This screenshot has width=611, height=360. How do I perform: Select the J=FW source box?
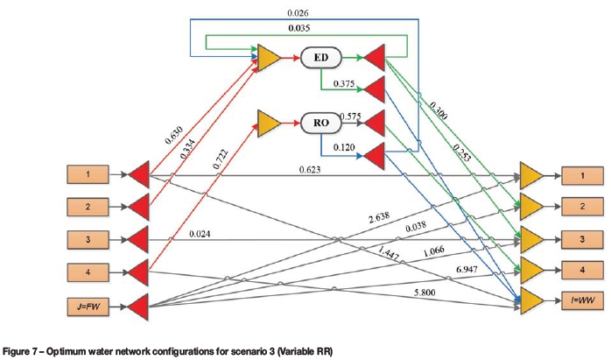[90, 306]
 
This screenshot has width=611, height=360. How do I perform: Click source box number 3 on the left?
[90, 238]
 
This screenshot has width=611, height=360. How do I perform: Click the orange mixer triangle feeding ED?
[268, 59]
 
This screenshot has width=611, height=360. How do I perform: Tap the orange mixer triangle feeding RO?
[268, 121]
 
